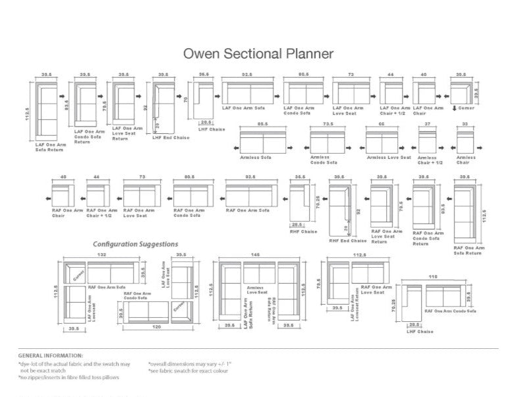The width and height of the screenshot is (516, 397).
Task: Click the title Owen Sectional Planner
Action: click(x=258, y=53)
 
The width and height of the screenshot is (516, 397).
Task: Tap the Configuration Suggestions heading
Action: click(x=135, y=244)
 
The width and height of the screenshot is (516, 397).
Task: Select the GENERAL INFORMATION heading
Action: click(x=51, y=355)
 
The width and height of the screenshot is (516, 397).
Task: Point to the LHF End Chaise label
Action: click(x=165, y=137)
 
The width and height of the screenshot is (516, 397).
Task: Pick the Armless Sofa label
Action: click(x=257, y=158)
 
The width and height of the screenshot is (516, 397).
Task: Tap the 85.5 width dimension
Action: click(x=262, y=124)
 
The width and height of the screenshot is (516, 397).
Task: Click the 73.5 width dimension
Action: click(x=328, y=124)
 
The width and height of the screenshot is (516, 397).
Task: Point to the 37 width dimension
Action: click(x=427, y=124)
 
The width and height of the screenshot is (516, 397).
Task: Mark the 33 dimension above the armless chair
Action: click(x=465, y=124)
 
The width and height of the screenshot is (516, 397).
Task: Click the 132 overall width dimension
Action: click(x=102, y=255)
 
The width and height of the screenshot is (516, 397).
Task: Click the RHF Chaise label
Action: click(x=303, y=231)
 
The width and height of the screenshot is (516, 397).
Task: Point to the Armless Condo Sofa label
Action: click(x=324, y=160)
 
